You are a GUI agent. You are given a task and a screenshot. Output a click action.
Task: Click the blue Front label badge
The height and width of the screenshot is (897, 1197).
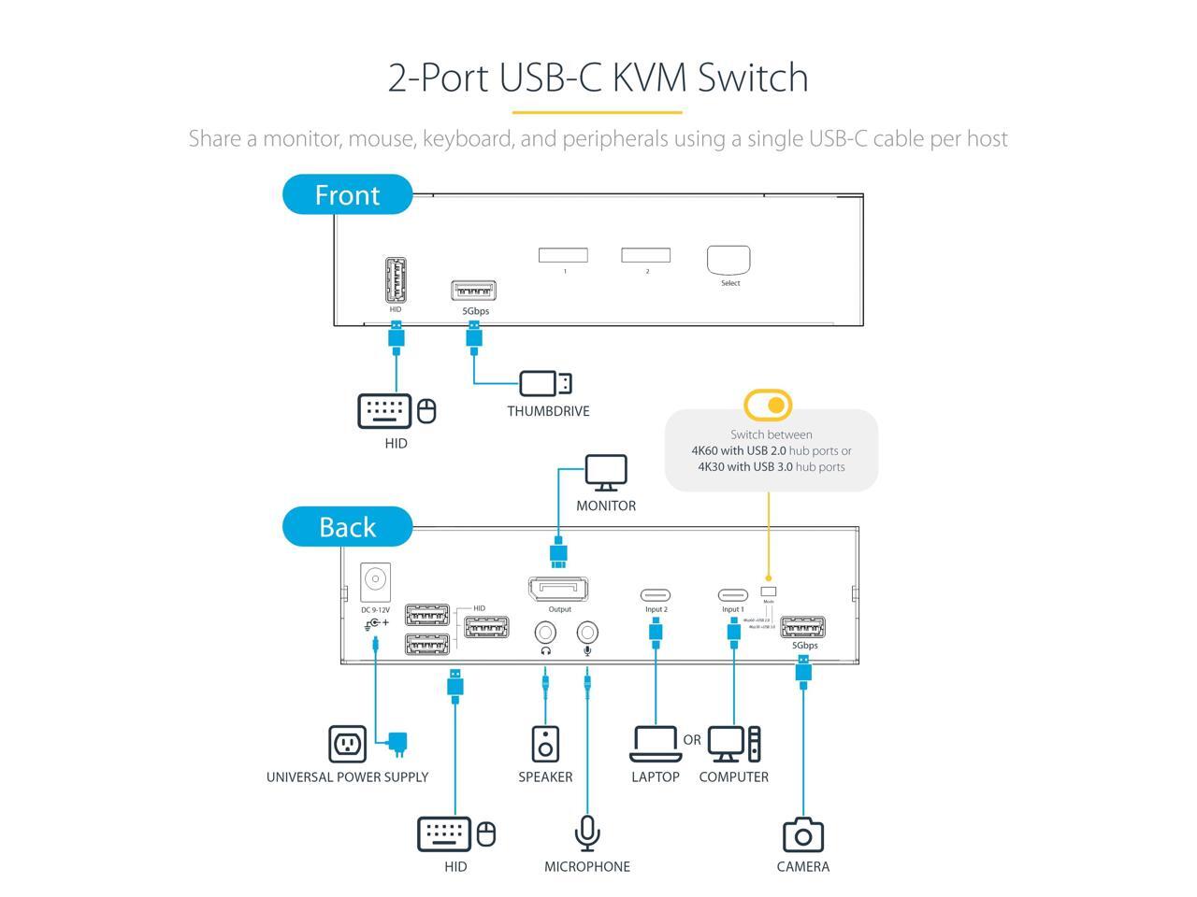tap(347, 194)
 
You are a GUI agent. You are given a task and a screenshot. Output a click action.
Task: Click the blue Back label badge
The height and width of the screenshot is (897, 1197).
tap(347, 527)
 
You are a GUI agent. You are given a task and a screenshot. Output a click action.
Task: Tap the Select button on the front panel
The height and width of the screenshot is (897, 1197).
tap(729, 260)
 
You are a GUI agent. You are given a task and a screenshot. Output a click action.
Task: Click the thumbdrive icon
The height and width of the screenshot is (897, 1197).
tap(545, 383)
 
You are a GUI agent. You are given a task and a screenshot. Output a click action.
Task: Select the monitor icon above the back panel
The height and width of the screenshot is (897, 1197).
tap(606, 473)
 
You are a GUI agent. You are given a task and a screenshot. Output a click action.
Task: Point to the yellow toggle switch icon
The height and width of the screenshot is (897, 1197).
tap(768, 406)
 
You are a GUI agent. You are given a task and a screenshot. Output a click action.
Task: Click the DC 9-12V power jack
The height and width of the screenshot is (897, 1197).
tap(375, 579)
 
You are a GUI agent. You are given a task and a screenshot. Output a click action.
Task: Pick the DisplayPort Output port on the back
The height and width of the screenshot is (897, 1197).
tap(559, 590)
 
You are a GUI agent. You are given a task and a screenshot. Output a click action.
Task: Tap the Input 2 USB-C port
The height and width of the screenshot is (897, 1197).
tap(656, 595)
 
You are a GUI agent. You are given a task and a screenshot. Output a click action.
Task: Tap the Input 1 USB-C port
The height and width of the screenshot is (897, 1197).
tap(733, 595)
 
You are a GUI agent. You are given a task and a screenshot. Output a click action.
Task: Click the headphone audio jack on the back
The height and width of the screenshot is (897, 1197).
tap(545, 633)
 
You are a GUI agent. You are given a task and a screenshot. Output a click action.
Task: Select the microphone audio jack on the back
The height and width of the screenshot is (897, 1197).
tap(587, 633)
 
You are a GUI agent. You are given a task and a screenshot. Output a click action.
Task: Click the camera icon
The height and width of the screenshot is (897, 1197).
tap(802, 835)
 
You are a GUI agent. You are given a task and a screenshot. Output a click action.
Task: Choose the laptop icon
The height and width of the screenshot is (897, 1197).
tap(655, 744)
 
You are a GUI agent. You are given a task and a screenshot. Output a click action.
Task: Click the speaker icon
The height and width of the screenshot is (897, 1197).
tap(545, 744)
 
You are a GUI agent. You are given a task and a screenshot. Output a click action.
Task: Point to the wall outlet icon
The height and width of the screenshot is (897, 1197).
tap(348, 744)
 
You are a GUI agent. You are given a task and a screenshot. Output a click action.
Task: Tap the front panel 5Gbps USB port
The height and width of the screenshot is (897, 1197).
tap(473, 290)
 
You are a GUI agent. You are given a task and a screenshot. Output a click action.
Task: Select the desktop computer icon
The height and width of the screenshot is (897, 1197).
tap(734, 744)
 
